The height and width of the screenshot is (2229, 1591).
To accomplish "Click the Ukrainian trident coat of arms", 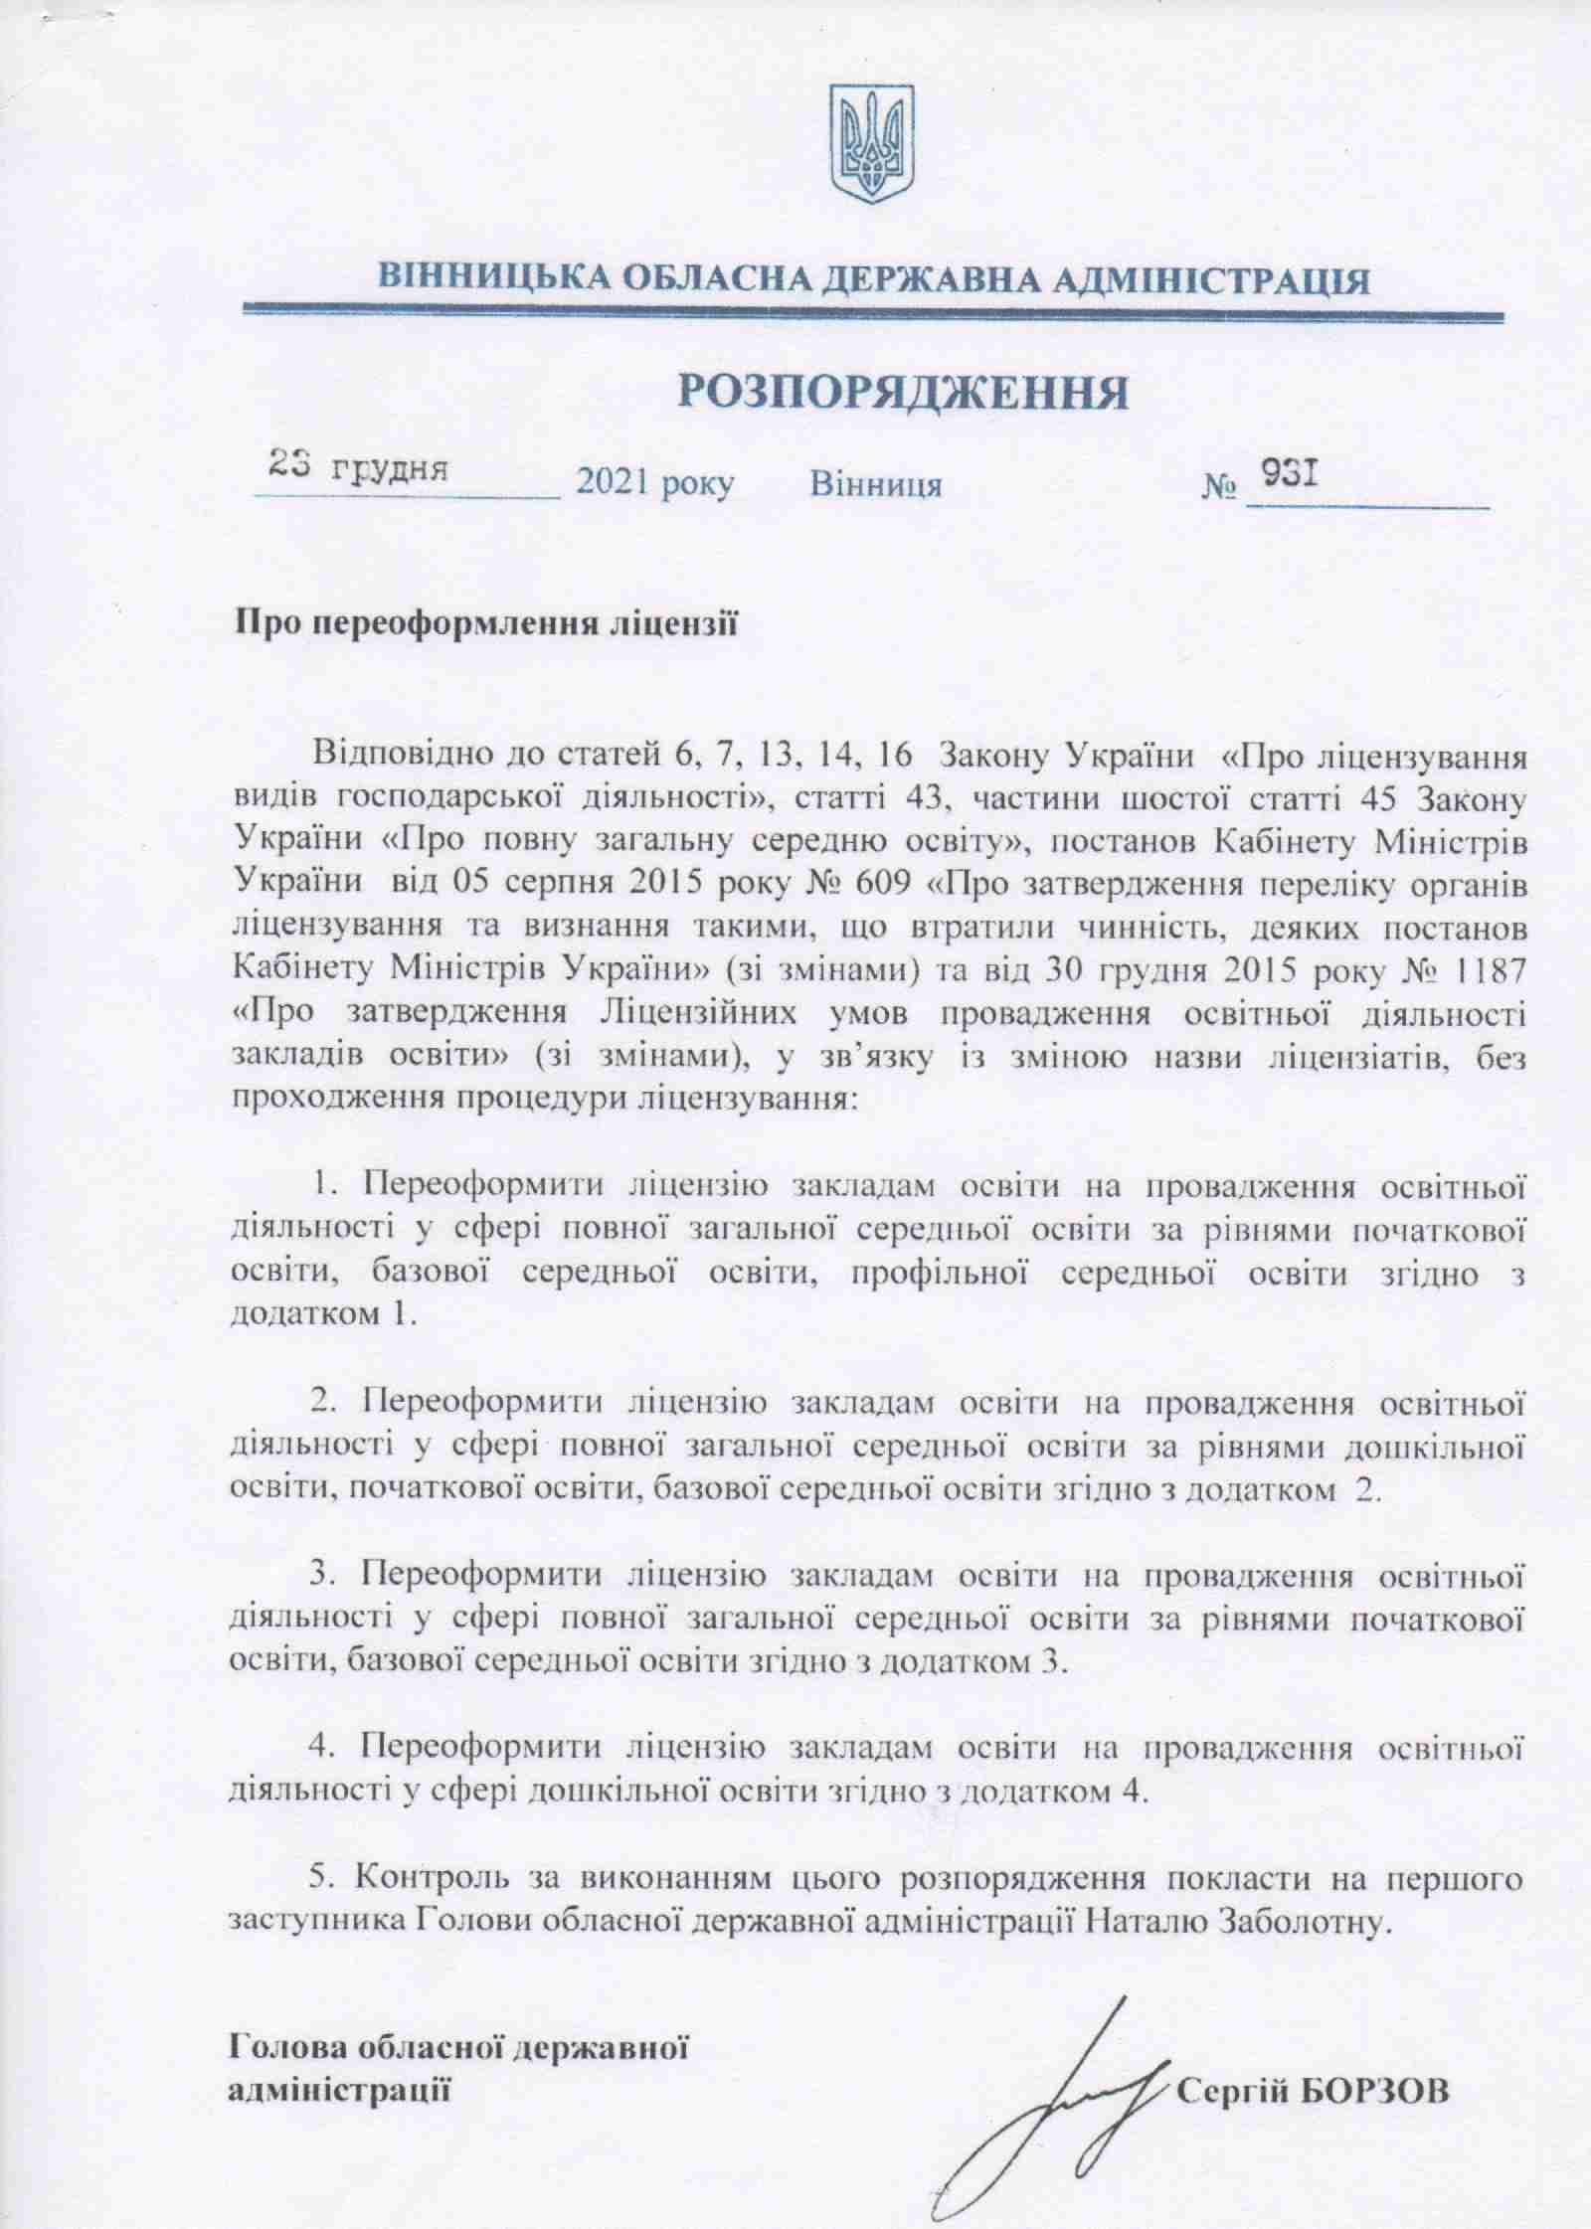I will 871,143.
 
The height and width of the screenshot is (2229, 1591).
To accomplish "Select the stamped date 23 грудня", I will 359,467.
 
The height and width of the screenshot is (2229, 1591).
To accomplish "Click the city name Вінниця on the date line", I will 876,485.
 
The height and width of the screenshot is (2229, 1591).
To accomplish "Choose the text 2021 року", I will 656,485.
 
